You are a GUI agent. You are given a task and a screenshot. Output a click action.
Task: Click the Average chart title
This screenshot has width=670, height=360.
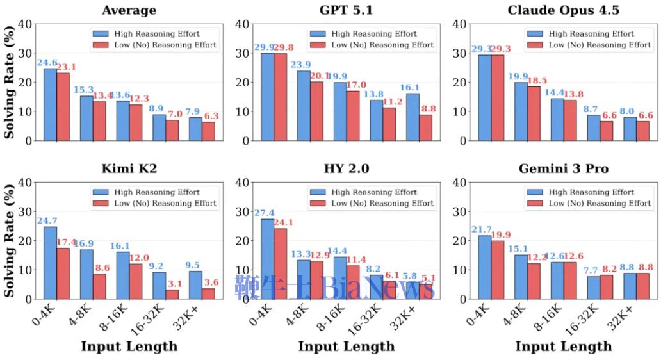(x=129, y=10)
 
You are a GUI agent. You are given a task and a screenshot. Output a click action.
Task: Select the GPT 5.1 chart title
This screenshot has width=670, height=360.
(x=346, y=10)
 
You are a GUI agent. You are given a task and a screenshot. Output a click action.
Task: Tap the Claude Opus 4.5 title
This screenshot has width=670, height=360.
(x=563, y=10)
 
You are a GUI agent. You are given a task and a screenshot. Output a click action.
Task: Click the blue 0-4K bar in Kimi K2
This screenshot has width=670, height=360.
(x=50, y=263)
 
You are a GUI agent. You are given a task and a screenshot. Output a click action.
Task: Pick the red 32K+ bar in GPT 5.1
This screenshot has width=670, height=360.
(x=425, y=127)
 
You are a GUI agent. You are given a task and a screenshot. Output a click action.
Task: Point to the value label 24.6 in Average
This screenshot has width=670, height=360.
(x=48, y=63)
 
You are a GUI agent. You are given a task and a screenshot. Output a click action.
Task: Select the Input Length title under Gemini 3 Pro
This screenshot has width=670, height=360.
(x=563, y=347)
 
